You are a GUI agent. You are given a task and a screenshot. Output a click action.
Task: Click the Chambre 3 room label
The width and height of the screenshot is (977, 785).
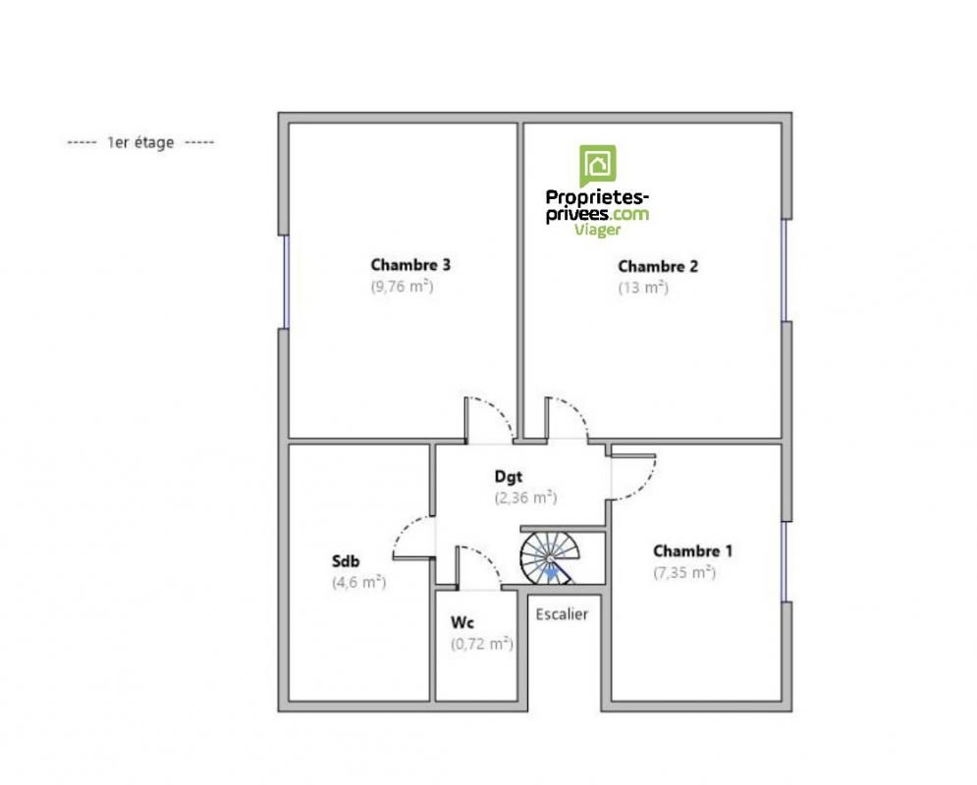point(410,265)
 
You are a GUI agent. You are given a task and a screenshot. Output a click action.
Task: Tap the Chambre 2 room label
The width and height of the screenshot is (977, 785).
point(658,267)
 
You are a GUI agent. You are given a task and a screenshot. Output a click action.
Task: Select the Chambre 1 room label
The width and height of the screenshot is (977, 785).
point(692,550)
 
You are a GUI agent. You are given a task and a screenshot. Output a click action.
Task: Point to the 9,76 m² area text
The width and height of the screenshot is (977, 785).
point(402,287)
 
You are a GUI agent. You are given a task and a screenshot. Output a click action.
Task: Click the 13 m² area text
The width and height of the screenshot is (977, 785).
point(643,288)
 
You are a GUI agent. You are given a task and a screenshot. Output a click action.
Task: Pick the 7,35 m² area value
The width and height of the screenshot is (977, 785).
point(684,572)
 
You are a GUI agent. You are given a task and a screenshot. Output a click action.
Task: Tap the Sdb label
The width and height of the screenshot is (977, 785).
point(346,561)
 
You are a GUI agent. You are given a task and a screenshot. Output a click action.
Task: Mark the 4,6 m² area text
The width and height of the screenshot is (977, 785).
point(359,582)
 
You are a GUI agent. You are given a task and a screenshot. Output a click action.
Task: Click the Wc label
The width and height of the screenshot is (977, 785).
point(462,622)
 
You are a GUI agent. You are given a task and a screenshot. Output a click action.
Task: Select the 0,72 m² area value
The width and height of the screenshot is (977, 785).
point(482,644)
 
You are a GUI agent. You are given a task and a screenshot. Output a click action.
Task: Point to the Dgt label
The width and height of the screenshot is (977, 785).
point(509,477)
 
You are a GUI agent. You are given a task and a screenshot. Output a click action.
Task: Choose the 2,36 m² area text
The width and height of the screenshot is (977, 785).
point(526,498)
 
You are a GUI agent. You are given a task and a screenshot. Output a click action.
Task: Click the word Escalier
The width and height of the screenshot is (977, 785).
point(562,614)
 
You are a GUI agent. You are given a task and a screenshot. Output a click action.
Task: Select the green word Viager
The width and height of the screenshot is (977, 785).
point(598,230)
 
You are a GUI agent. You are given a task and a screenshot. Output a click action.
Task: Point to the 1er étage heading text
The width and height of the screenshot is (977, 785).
point(140,142)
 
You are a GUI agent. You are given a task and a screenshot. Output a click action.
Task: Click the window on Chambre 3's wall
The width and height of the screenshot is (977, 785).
point(286,282)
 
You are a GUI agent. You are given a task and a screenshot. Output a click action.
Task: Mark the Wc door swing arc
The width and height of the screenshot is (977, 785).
point(483,560)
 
